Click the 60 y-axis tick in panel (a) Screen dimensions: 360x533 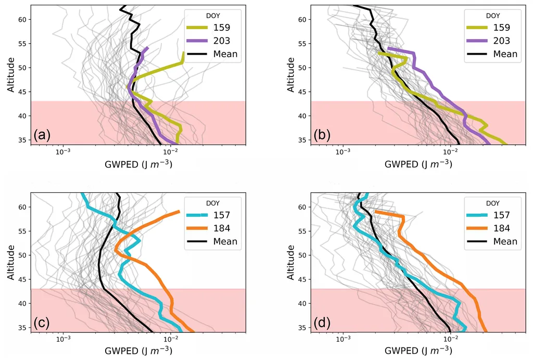(x=24, y=19)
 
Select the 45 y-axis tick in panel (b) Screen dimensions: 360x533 (x=304, y=92)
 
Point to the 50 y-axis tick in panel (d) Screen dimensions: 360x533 (x=304, y=255)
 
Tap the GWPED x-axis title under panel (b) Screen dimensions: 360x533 (x=418, y=164)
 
